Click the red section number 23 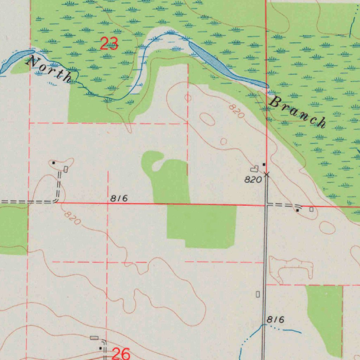click(109, 44)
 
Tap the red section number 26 click(121, 353)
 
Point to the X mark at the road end click(266, 174)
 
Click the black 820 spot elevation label click(253, 180)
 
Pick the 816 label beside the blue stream click(275, 320)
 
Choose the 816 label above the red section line click(119, 199)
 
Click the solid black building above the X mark click(264, 164)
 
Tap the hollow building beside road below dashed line click(258, 294)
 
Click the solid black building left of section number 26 click(101, 348)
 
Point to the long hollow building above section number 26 click(94, 338)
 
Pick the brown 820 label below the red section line click(73, 218)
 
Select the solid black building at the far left click(53, 163)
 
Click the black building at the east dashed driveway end click(298, 210)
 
